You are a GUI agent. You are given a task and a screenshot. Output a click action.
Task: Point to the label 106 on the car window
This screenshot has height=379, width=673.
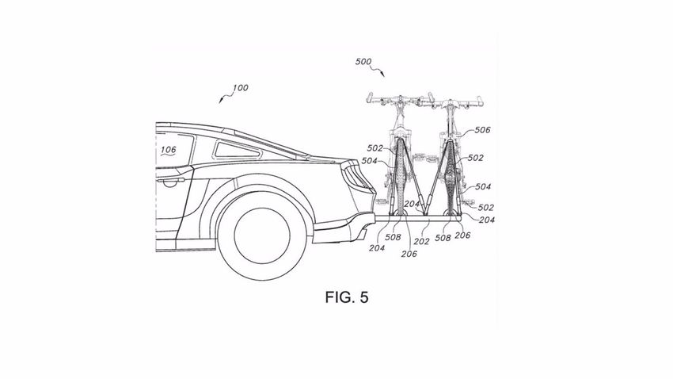(168, 148)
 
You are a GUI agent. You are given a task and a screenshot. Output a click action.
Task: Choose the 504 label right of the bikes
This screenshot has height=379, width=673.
(482, 186)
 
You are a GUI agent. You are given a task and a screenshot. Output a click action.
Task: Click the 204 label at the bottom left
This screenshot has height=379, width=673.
(377, 247)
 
